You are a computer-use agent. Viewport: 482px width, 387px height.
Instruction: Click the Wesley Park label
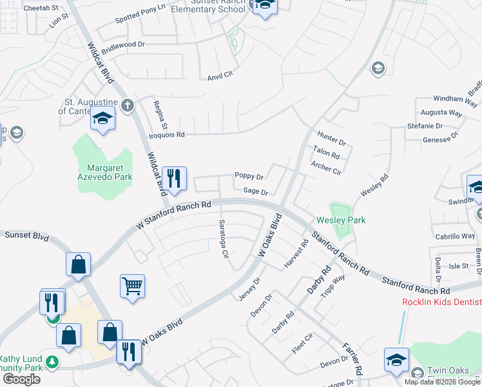click(x=340, y=220)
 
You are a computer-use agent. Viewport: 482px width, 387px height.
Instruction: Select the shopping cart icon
click(x=132, y=285)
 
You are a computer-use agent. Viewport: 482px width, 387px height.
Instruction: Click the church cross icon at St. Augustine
click(x=128, y=104)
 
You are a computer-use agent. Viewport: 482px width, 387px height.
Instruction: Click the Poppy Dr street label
click(x=249, y=176)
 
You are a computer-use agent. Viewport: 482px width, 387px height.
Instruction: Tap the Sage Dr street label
click(x=255, y=192)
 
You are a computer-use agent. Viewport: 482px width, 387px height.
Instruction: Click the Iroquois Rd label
click(x=166, y=135)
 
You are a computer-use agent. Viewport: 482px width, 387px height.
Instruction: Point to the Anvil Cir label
click(x=219, y=76)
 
